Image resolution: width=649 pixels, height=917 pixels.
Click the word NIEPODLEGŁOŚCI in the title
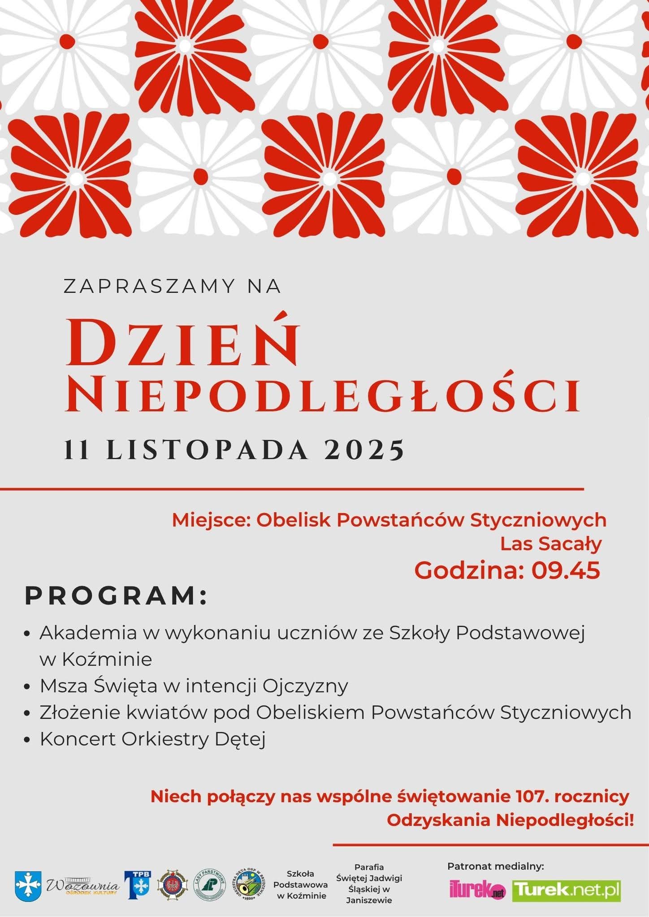pyautogui.click(x=323, y=396)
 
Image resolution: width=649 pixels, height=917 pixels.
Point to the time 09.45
pyautogui.click(x=566, y=571)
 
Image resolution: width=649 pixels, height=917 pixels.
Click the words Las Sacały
pyautogui.click(x=550, y=544)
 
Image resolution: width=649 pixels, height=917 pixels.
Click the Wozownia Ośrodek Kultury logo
pyautogui.click(x=83, y=886)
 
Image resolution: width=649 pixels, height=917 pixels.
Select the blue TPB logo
pyautogui.click(x=138, y=885)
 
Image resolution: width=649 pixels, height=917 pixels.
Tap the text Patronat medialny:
pyautogui.click(x=495, y=866)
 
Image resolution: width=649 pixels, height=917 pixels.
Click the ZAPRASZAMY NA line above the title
pyautogui.click(x=173, y=287)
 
